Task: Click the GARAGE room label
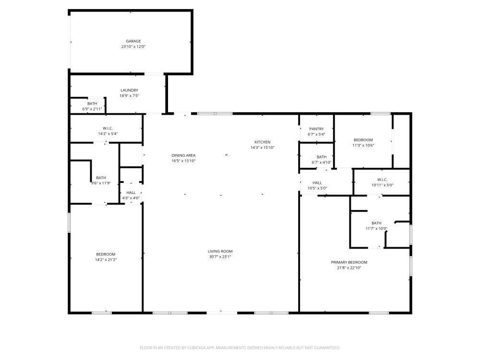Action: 133,41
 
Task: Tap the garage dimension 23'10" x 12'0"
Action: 133,47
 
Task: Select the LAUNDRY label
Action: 130,90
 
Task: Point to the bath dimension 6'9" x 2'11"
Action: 92,109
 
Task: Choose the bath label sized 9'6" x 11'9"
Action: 101,178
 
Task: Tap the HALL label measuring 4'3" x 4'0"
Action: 131,192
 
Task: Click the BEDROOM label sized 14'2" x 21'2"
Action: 106,254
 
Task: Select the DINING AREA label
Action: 183,156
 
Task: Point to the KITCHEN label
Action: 263,142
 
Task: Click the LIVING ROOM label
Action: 220,251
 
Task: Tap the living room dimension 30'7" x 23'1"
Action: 220,257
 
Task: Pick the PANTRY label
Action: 316,129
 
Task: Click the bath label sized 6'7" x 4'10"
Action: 322,157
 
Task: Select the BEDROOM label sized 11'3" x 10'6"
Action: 363,140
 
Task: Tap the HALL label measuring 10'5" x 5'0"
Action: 317,183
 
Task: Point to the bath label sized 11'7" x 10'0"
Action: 376,223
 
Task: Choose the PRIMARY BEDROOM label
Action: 349,262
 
